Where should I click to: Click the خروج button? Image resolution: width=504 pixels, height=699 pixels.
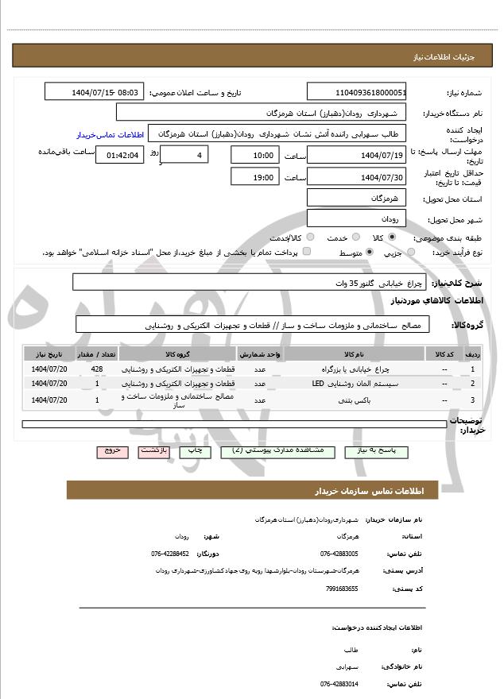(x=111, y=450)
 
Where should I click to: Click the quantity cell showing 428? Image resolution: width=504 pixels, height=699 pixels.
(x=97, y=369)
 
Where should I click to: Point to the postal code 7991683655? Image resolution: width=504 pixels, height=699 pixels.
(x=342, y=588)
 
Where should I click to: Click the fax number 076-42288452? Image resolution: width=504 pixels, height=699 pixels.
(x=170, y=554)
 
